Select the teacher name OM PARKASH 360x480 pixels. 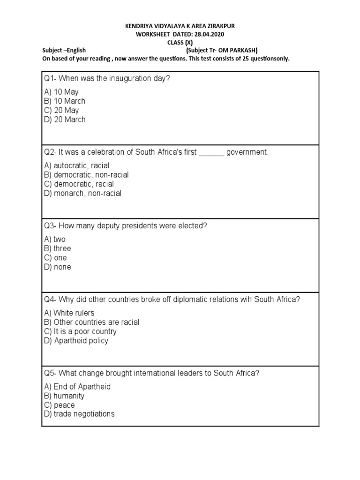[x=238, y=50]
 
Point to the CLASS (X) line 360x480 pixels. [x=180, y=42]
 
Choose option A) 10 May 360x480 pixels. [x=61, y=92]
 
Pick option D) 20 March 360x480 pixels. [x=65, y=120]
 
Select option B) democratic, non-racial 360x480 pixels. [x=86, y=175]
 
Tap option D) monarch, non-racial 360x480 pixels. [x=82, y=193]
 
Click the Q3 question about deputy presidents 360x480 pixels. [x=125, y=226]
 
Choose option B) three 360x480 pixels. [x=58, y=248]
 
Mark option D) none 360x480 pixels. [x=58, y=267]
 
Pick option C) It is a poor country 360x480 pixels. [x=80, y=331]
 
